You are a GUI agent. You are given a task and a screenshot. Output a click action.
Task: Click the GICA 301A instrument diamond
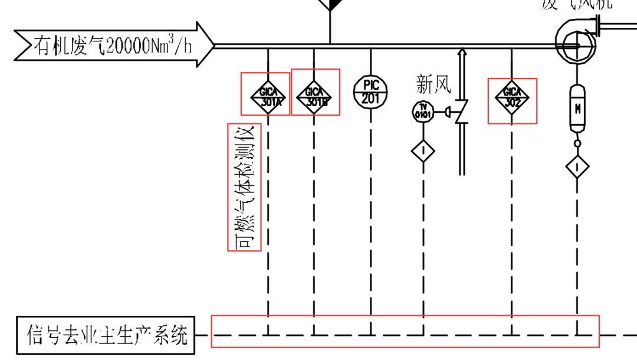[268, 95]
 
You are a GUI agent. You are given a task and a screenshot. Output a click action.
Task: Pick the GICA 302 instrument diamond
[511, 95]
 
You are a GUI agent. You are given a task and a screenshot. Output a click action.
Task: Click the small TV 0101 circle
[423, 111]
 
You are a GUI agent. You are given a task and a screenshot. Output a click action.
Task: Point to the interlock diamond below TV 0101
[423, 150]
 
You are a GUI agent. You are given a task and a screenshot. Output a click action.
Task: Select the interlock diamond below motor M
[577, 167]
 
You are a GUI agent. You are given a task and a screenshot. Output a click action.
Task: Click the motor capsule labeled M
[577, 107]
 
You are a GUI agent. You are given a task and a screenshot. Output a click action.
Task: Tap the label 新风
[434, 84]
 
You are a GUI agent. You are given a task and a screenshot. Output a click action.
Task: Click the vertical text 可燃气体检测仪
[244, 187]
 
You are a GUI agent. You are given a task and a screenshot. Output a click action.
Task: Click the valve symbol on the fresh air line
[462, 112]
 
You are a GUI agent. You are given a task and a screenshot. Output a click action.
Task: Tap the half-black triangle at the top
[330, 5]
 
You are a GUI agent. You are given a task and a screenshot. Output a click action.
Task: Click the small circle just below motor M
[577, 143]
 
